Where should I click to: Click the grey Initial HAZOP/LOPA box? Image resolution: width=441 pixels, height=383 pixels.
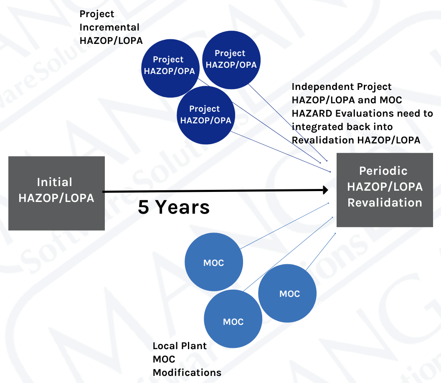pos(56,193)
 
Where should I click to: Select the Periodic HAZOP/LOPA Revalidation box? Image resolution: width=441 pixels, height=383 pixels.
pos(385,190)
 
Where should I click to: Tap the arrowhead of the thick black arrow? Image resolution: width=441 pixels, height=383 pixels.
pos(326,190)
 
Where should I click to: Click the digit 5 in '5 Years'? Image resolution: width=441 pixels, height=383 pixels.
pos(143,207)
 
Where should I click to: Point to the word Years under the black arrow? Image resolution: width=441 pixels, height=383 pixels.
pos(182,207)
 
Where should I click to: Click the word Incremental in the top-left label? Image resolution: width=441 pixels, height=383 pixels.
pos(109,27)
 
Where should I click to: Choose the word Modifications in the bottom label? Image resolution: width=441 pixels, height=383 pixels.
pos(187,373)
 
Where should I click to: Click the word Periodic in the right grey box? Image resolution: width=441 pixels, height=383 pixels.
pos(383,171)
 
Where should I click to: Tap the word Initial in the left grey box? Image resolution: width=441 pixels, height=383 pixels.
pos(55,182)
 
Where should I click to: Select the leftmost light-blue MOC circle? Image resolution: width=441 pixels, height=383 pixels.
pos(214,262)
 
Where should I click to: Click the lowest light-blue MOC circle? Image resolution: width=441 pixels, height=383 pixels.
pos(233,319)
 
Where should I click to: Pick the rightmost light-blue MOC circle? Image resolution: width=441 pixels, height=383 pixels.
pos(287,294)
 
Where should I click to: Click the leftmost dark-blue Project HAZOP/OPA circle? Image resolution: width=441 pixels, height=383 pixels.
pos(170,69)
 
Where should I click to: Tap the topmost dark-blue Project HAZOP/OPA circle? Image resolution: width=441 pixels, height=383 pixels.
pos(231,60)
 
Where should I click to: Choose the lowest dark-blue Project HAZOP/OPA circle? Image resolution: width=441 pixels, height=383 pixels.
pos(206,115)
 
